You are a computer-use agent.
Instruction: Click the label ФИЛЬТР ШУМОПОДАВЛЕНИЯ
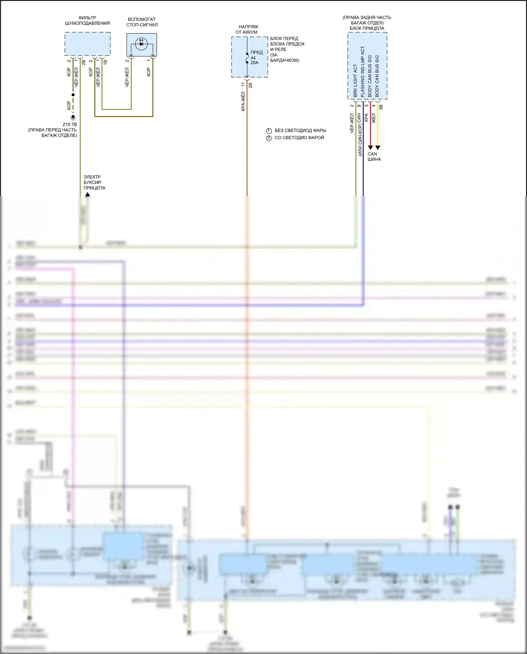coord(87,20)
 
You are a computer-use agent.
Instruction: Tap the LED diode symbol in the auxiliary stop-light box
coord(141,44)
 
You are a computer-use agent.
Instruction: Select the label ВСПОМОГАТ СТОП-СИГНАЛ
coord(142,22)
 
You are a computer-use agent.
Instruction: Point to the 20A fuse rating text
coord(254,63)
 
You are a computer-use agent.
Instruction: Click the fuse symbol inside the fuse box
coord(247,58)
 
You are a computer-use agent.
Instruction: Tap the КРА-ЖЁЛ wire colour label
coord(243,101)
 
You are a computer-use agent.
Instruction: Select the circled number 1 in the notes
coord(269,131)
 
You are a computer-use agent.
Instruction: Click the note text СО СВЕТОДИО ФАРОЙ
coord(299,138)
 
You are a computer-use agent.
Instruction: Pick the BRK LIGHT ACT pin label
coord(355,80)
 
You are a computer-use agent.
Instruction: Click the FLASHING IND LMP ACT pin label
coord(363,72)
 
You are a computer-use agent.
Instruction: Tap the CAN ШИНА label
coord(374,156)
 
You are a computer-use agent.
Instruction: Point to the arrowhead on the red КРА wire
coord(370,148)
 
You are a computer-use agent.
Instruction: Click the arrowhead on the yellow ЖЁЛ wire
coord(378,148)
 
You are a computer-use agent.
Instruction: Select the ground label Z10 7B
coord(70,124)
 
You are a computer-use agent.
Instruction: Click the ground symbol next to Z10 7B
coord(73,118)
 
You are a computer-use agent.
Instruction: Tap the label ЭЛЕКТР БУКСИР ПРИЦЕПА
coord(94,182)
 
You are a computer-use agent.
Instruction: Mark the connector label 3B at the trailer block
coord(381,107)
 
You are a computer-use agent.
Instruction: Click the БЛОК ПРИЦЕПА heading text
coord(367,28)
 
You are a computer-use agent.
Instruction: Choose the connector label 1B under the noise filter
coord(105,62)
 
